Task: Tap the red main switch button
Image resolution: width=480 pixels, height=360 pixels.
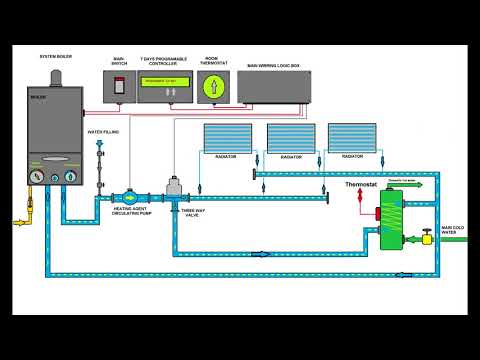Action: [x=120, y=87]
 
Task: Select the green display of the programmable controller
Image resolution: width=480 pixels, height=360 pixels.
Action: [x=164, y=81]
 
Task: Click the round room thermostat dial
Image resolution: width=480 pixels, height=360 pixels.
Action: [x=211, y=88]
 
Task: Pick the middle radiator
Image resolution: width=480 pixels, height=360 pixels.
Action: [x=291, y=139]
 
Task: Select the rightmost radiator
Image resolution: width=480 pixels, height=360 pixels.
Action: [x=352, y=139]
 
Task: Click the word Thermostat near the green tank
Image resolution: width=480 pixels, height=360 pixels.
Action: [x=363, y=185]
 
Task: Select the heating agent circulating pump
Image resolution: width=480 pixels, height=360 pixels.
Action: [x=131, y=198]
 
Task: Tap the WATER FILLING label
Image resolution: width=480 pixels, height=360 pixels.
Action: [x=101, y=131]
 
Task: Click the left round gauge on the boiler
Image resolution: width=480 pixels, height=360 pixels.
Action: [x=37, y=178]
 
